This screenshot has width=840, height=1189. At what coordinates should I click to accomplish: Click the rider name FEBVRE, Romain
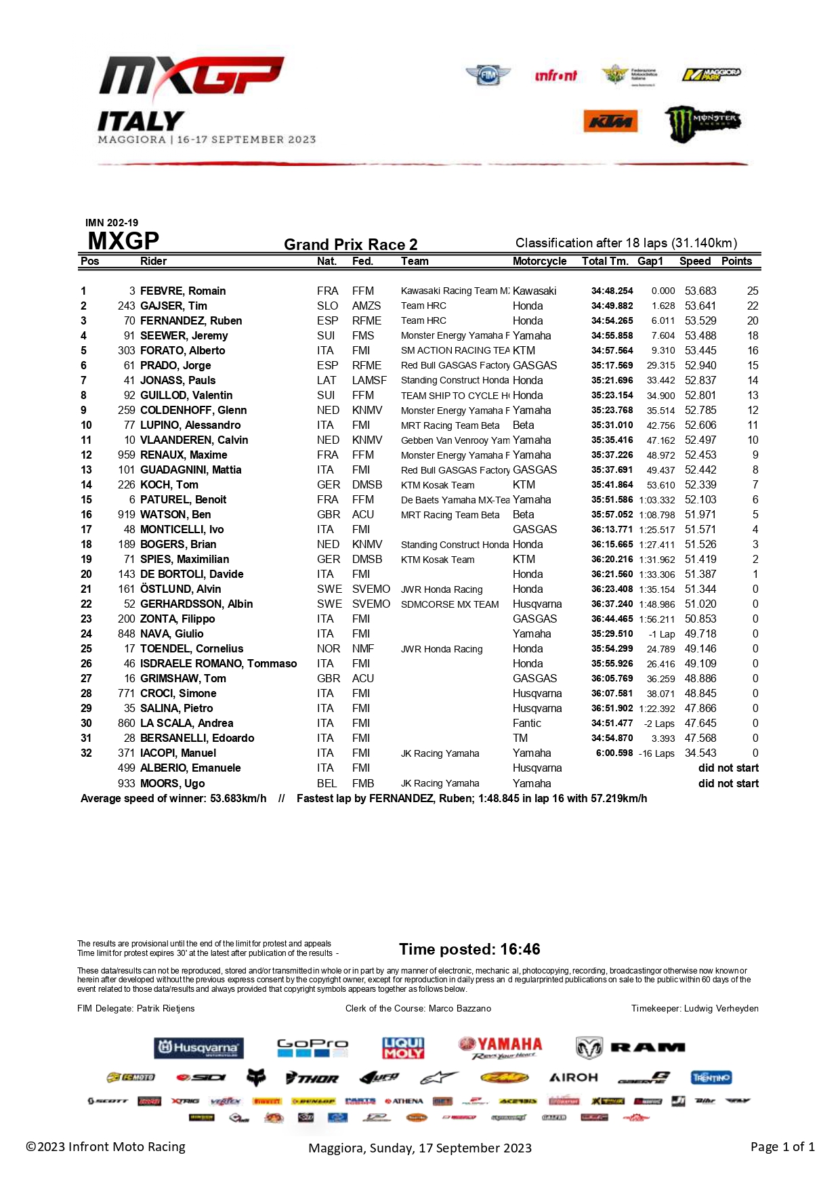pyautogui.click(x=183, y=291)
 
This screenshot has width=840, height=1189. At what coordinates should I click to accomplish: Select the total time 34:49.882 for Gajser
pyautogui.click(x=612, y=306)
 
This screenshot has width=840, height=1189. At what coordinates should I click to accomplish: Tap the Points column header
pyautogui.click(x=736, y=261)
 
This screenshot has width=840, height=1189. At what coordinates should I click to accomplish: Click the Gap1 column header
pyautogui.click(x=650, y=261)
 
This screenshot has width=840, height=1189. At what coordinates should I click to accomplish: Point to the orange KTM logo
pyautogui.click(x=610, y=121)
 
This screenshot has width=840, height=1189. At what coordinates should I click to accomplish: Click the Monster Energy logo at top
pyautogui.click(x=702, y=123)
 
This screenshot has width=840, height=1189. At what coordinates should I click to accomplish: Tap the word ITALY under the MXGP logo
pyautogui.click(x=141, y=121)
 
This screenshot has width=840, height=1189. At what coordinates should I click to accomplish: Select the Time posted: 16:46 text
pyautogui.click(x=469, y=948)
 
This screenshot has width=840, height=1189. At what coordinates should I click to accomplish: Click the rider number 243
pyautogui.click(x=127, y=306)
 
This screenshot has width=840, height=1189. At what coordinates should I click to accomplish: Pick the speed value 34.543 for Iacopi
pyautogui.click(x=700, y=753)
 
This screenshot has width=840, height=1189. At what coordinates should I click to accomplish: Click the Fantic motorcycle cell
pyautogui.click(x=527, y=723)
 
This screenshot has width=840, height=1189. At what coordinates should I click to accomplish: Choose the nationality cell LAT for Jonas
pyautogui.click(x=327, y=380)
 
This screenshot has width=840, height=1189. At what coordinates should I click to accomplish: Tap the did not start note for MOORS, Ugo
pyautogui.click(x=728, y=783)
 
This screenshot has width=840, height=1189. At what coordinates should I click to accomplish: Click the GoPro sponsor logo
pyautogui.click(x=312, y=1047)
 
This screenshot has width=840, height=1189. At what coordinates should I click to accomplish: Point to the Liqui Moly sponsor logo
pyautogui.click(x=403, y=1047)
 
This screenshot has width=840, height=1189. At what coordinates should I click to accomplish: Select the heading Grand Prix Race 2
pyautogui.click(x=350, y=244)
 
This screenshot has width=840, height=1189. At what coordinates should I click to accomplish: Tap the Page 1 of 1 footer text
pyautogui.click(x=782, y=1146)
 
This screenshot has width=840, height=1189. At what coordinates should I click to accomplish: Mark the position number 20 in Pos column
pyautogui.click(x=86, y=574)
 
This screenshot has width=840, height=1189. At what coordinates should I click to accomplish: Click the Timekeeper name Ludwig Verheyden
pyautogui.click(x=721, y=1008)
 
